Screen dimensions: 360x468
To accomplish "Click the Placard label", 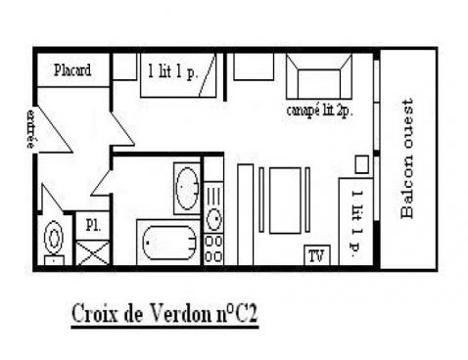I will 72,70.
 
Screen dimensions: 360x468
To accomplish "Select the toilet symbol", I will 55,238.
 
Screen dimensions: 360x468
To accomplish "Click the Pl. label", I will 92,223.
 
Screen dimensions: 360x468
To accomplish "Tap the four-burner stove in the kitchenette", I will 213,247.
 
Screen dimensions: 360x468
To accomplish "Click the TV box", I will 316,256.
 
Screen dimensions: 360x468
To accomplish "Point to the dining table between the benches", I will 285,200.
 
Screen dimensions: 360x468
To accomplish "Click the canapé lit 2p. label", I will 319,110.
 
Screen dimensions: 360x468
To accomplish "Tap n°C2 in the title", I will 235,315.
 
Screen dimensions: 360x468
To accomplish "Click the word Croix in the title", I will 94,315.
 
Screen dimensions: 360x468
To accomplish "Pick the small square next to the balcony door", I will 360,163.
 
